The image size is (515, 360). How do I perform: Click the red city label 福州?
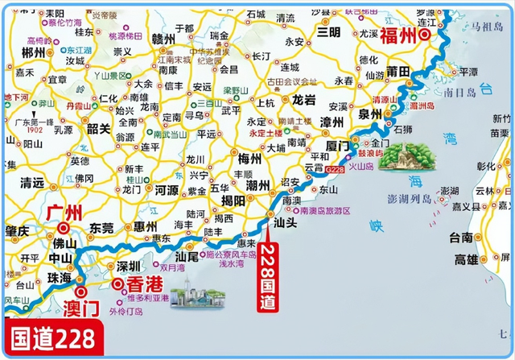click(x=399, y=35)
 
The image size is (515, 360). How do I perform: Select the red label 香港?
click(x=143, y=284)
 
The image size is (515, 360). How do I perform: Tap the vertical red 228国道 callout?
click(x=267, y=277)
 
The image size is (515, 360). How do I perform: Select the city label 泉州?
click(x=371, y=115)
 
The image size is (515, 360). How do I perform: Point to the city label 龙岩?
click(x=303, y=101)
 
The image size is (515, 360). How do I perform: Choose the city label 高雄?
click(x=468, y=259)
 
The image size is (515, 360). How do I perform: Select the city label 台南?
click(x=462, y=238)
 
